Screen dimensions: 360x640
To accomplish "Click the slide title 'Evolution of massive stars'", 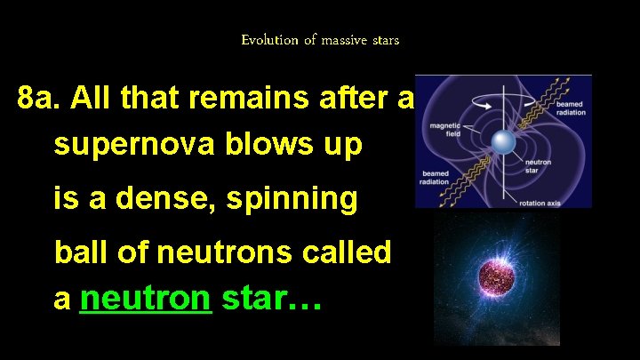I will click(320, 40).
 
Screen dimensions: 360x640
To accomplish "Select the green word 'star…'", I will click(271, 300).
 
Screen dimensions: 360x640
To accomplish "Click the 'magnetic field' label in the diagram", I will click(444, 130).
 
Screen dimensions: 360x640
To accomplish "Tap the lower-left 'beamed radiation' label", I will click(436, 177).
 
